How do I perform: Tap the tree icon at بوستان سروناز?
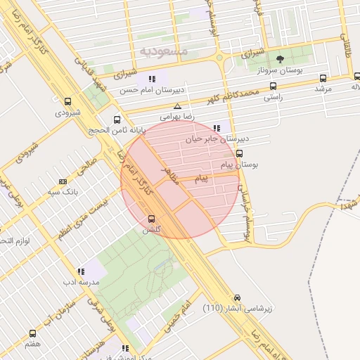tap(281, 59)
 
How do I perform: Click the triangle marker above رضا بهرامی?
tap(178, 106)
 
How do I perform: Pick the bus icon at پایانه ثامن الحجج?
tap(117, 119)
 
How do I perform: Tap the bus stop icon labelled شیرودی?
tap(67, 101)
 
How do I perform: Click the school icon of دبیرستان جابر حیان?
tap(217, 129)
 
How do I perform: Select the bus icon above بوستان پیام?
tap(240, 153)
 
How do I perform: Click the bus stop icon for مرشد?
tap(323, 78)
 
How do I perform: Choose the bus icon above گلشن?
tap(152, 219)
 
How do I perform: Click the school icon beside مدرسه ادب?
tap(81, 270)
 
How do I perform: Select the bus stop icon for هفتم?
tap(32, 333)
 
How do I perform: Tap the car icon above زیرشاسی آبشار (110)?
tap(238, 297)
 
